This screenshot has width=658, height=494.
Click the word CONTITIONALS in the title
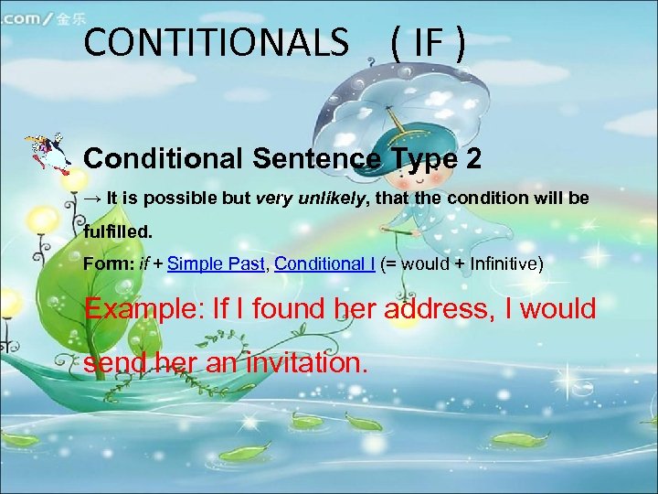click(x=216, y=42)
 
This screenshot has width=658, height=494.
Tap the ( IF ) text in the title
click(x=428, y=42)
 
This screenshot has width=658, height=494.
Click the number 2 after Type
click(x=473, y=158)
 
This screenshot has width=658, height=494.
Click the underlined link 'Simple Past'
click(x=217, y=264)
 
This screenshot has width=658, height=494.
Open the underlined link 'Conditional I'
click(x=324, y=264)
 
